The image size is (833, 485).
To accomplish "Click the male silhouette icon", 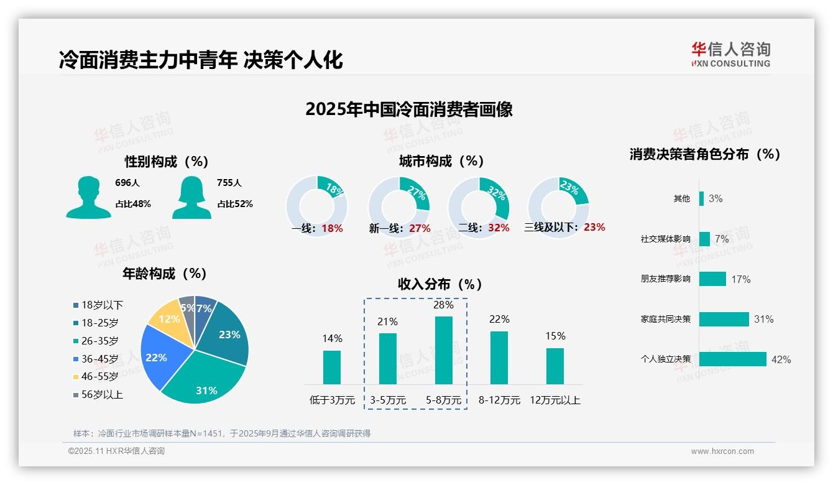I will click(88, 198).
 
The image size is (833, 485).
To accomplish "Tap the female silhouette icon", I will click(191, 198).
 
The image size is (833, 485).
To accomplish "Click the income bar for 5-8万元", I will click(443, 350).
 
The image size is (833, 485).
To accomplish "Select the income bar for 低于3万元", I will click(332, 367).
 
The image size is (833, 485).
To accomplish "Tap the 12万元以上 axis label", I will click(555, 400).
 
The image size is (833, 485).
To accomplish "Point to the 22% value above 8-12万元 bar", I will click(499, 319).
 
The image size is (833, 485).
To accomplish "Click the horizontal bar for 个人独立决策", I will click(732, 359).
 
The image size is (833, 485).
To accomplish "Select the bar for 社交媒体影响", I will click(704, 239).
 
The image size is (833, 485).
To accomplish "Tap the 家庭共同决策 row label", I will click(665, 319).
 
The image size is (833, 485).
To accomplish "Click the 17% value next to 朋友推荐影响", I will click(740, 279).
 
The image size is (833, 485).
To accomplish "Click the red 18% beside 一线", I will click(332, 228).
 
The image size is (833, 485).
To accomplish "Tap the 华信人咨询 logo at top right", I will click(731, 54).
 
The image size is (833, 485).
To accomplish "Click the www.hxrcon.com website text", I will click(722, 451).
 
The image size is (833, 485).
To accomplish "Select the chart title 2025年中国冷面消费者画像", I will click(409, 109).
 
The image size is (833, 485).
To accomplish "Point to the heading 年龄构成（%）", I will click(164, 273).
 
